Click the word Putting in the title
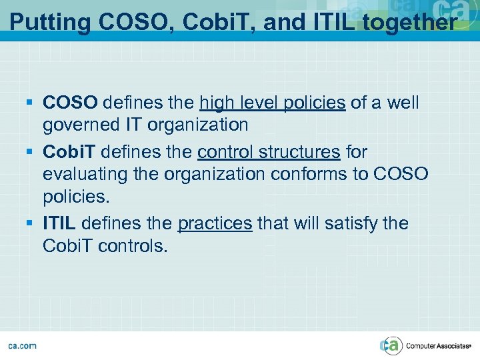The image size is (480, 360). click(50, 22)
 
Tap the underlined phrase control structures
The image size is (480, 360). click(268, 151)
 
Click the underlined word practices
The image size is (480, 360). click(215, 223)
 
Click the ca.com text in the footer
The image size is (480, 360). click(22, 345)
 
